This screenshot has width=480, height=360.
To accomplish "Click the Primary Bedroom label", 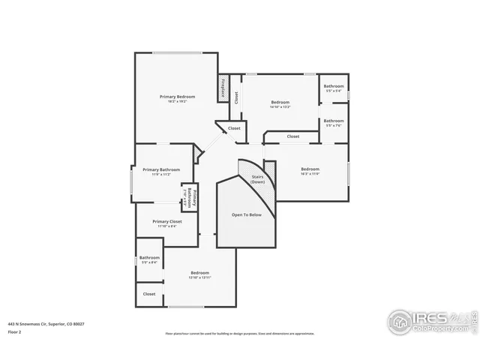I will (177, 97).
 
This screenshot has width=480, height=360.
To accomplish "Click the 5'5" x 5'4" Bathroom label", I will (334, 86).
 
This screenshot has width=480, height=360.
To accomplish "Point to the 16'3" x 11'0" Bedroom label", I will (310, 169).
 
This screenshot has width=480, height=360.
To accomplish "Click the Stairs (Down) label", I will (257, 179).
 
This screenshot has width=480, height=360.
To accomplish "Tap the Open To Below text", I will (246, 214).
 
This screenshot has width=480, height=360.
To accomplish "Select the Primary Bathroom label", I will (161, 170).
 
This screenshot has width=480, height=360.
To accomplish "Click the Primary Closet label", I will (166, 222).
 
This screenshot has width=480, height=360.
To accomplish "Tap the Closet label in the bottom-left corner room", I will (149, 294).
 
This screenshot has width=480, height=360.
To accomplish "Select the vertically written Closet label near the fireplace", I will (235, 97).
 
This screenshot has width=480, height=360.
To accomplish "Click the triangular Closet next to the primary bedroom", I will (234, 128).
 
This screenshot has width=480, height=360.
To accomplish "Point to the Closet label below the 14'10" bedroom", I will (292, 136).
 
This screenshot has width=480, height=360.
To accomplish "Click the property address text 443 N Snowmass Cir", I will (46, 323).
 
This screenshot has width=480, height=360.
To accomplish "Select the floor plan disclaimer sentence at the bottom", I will (240, 334).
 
